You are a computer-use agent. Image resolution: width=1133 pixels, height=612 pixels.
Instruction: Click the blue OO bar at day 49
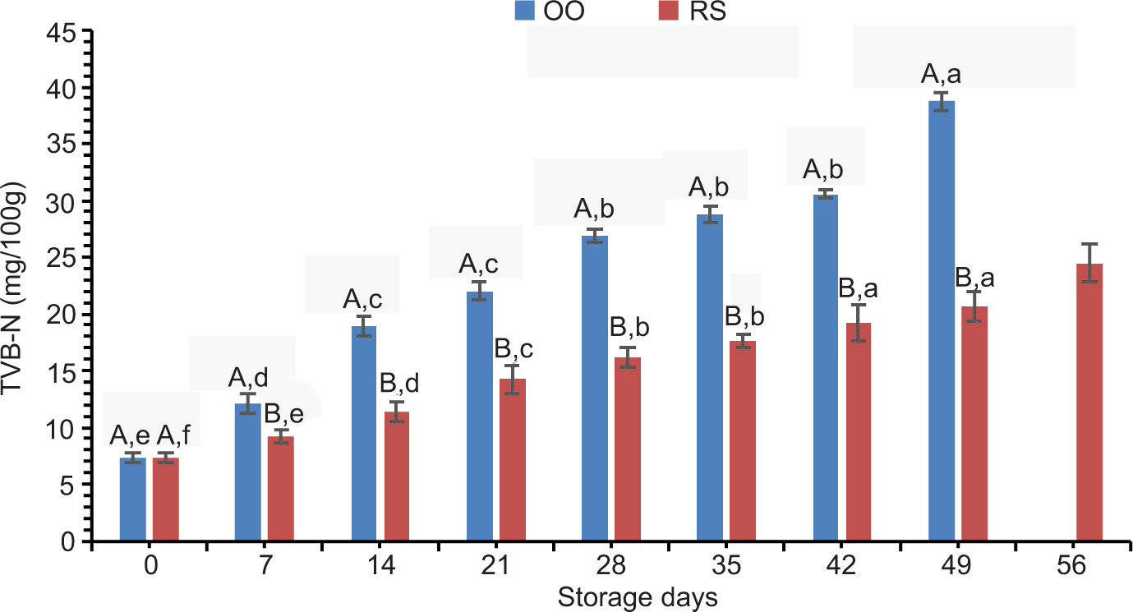(942, 320)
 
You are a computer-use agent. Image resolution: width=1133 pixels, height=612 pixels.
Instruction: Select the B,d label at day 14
(399, 384)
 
